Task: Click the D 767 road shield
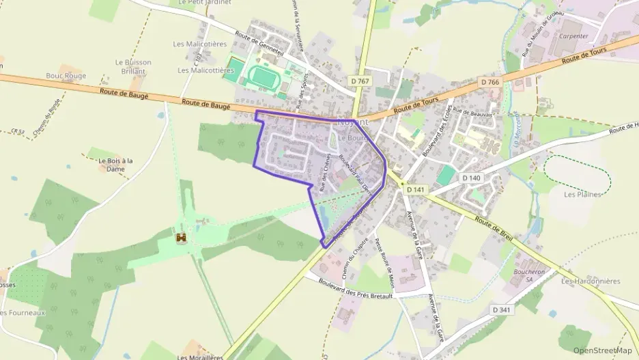(x=363, y=81)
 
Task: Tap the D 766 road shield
(x=489, y=82)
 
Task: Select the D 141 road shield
(x=416, y=190)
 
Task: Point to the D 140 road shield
(x=471, y=178)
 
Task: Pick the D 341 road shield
(x=502, y=310)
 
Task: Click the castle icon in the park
(x=182, y=238)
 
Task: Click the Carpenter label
(x=573, y=36)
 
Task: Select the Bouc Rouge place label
(x=66, y=76)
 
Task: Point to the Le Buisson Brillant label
(x=133, y=66)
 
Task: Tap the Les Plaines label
(x=582, y=194)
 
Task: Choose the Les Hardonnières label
(x=590, y=281)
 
